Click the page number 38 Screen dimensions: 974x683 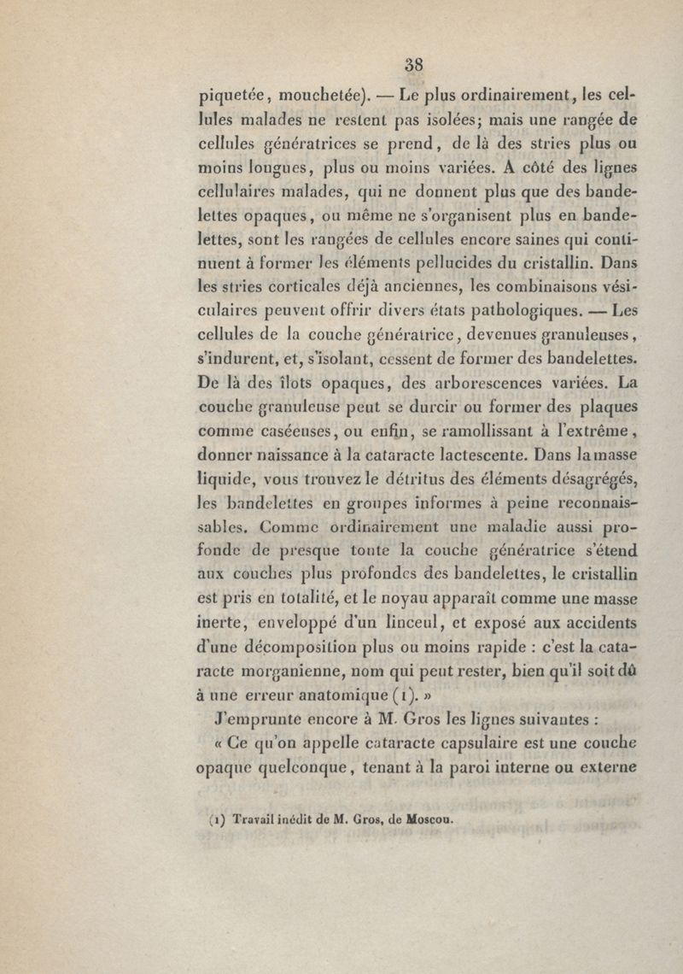[x=415, y=65]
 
